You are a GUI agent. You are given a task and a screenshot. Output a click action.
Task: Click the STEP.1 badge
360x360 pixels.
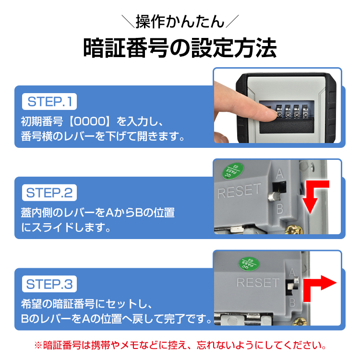pos(49,101)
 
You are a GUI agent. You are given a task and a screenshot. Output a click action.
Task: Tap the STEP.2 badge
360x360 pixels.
pos(49,192)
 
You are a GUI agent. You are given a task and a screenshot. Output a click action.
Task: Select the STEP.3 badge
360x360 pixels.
pos(49,284)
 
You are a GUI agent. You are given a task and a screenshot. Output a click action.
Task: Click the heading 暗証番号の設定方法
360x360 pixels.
pos(180,48)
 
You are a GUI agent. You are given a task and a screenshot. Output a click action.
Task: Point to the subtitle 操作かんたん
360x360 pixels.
pos(180,22)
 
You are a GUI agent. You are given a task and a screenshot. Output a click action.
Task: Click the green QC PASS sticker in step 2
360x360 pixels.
pos(233,171)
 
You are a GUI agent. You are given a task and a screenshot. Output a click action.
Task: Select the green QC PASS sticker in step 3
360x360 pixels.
pos(249,264)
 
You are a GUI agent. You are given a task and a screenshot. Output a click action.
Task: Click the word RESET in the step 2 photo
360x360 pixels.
pos(240,191)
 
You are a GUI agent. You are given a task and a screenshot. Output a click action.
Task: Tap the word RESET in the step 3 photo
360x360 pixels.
pos(258,282)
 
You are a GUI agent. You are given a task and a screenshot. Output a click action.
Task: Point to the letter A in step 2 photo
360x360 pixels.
pos(280,174)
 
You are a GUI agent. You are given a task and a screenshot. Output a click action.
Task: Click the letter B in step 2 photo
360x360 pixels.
pos(280,209)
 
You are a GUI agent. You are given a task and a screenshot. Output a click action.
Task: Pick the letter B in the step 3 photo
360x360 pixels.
pos(292,302)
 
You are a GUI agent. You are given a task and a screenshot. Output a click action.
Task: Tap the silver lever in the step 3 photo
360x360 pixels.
pos(293,284)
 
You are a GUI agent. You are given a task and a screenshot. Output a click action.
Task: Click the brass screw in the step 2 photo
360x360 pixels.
pos(294,229)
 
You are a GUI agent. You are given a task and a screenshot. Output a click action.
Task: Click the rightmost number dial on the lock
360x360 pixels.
pos(305,111)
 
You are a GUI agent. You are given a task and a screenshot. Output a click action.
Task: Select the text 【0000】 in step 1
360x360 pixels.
pos(90,121)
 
